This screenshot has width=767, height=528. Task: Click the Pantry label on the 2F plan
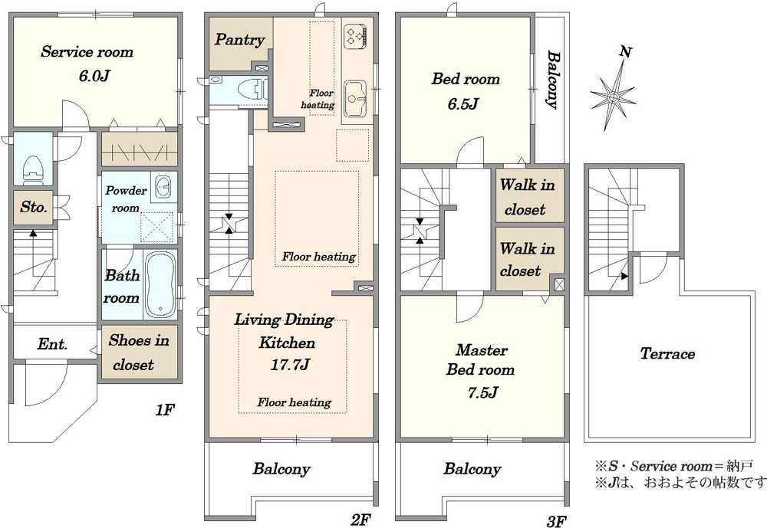click(239, 40)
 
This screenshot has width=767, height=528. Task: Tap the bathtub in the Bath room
click(161, 285)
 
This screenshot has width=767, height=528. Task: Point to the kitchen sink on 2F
click(355, 100)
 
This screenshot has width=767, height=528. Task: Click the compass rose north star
click(612, 98)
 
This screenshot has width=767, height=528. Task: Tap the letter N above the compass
click(624, 52)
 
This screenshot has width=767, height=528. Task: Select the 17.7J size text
click(290, 365)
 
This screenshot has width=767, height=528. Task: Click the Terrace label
click(667, 353)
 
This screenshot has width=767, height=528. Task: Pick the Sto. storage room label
click(34, 207)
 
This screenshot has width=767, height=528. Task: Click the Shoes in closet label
click(138, 353)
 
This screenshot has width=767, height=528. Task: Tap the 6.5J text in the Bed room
click(463, 103)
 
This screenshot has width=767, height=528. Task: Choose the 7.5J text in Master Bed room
click(482, 392)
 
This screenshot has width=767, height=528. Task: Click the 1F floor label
click(165, 410)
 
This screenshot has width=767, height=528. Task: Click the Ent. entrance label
click(52, 344)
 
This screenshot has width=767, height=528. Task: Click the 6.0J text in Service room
click(94, 76)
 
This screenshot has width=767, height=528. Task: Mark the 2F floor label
click(360, 520)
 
